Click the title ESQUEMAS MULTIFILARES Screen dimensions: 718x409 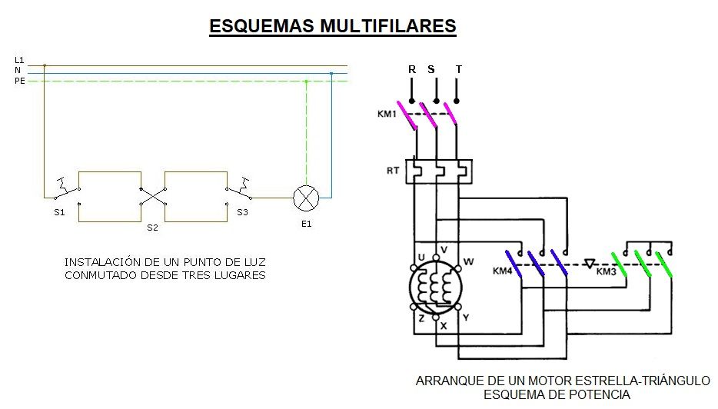point(333,25)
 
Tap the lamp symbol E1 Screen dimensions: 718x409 point(306,198)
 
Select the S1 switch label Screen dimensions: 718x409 point(59,212)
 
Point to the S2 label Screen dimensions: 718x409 point(152,228)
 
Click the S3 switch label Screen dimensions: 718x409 point(242,212)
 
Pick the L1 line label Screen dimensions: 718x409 point(19,60)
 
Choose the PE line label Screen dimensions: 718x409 point(20,81)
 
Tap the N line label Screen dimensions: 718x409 point(18,70)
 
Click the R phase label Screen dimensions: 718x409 point(412,69)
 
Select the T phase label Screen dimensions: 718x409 point(459,69)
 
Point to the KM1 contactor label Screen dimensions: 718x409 point(387,114)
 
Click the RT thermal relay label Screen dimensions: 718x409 point(393,171)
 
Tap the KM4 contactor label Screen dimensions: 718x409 point(502,271)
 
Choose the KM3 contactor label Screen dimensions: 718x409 point(607,271)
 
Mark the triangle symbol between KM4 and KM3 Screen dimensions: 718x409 point(590,264)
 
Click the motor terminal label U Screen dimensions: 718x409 point(421,258)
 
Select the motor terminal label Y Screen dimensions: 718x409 point(466,318)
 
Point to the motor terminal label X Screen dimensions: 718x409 point(444,326)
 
